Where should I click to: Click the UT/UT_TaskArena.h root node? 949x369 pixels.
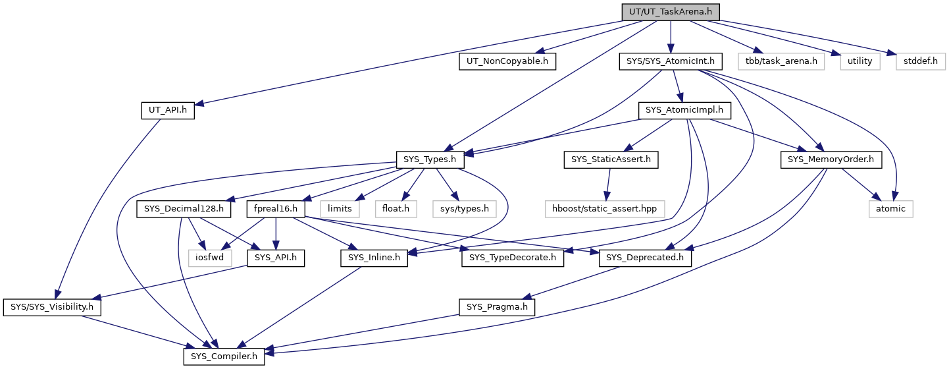670,12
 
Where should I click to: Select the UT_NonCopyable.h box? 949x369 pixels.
507,61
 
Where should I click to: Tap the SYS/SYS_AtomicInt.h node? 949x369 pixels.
670,61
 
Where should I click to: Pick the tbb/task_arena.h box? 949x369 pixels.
781,61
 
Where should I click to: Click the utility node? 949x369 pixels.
859,61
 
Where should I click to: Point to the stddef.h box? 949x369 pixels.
920,61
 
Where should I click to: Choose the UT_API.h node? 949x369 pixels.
168,110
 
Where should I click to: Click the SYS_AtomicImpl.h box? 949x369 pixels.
684,110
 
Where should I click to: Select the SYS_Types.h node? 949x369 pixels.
430,159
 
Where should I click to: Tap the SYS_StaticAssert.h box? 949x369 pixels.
611,159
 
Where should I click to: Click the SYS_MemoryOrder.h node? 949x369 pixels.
831,159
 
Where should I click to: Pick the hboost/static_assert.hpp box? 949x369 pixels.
604,209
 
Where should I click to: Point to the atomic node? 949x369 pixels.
890,209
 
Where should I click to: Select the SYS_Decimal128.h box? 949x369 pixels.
184,209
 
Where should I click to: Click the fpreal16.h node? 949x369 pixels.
275,209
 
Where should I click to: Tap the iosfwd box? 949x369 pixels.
210,258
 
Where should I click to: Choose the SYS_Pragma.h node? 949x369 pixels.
497,307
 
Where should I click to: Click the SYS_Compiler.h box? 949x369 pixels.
224,356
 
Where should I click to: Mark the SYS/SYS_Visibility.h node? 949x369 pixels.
52,307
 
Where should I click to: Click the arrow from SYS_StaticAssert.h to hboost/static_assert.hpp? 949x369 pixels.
608,184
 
